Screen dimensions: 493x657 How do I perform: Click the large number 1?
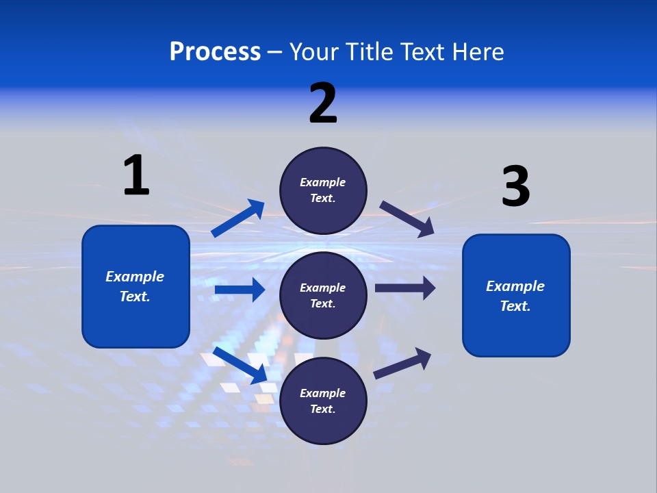coord(136,175)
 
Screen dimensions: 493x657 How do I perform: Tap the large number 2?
coord(323,103)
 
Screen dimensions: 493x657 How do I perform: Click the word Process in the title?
coord(215,51)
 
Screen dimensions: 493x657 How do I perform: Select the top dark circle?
coord(323,190)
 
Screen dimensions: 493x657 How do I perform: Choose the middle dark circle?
coord(323,295)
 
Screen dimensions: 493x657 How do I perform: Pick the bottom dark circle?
coord(323,401)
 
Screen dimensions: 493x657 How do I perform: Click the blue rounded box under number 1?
coord(136,286)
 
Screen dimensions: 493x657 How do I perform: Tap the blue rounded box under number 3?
coord(516,295)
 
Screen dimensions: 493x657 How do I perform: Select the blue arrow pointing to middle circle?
coord(240,290)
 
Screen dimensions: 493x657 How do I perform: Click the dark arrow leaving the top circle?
coord(407,218)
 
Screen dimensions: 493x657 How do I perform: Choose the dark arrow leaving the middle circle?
coord(405,288)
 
